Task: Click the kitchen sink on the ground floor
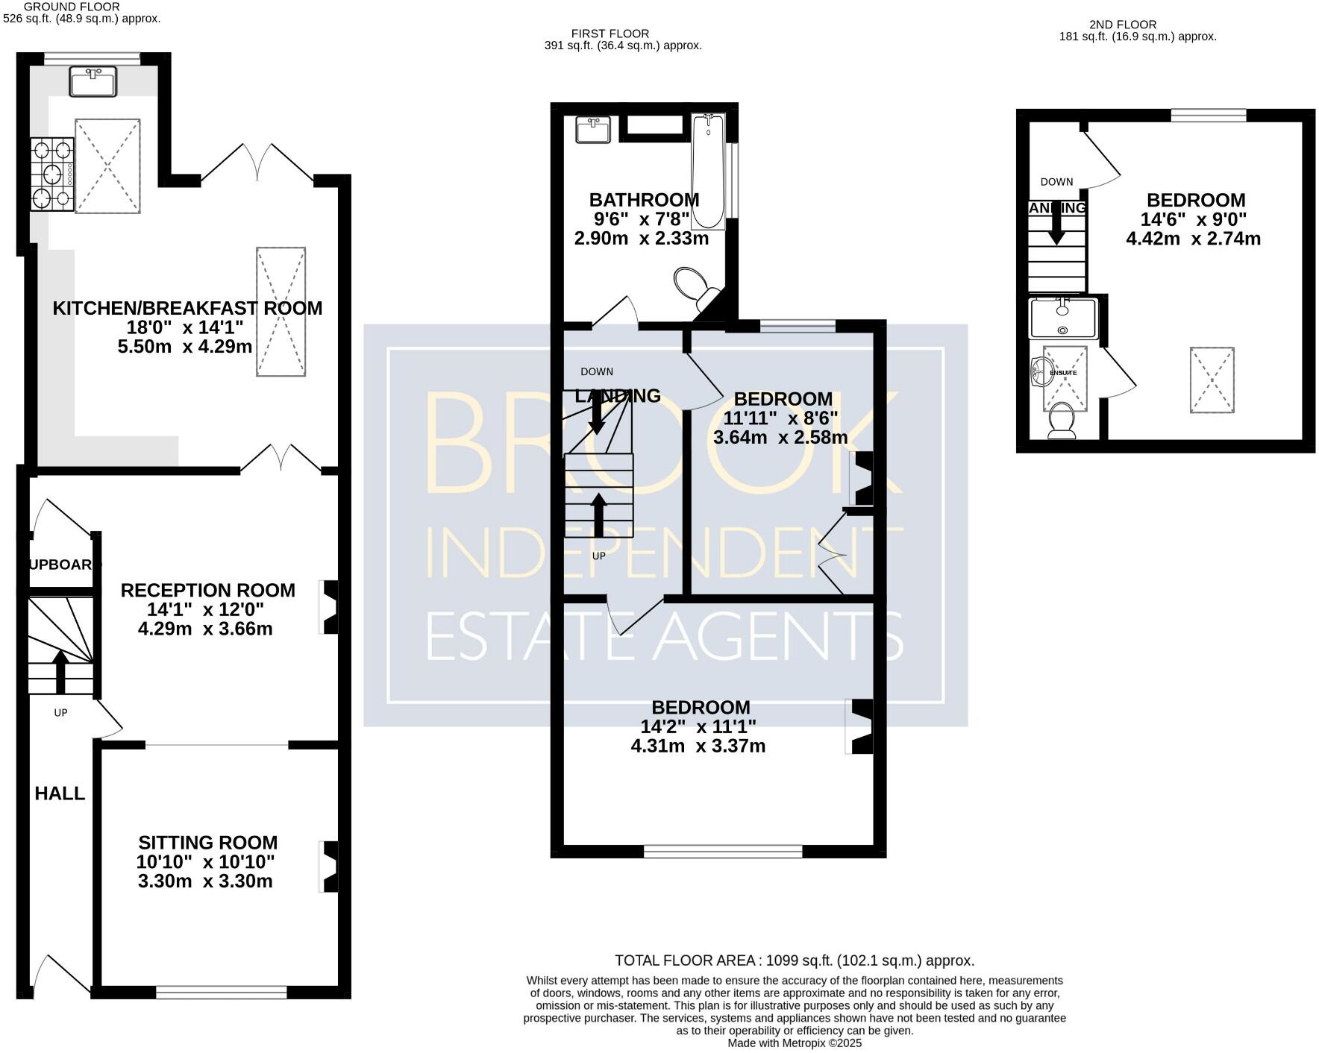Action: (93, 81)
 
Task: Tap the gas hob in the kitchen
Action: (52, 175)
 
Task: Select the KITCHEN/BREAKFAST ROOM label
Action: (187, 308)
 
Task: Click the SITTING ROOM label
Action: (207, 843)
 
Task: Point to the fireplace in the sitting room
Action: (329, 867)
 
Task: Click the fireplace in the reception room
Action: (329, 607)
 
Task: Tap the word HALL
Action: (60, 793)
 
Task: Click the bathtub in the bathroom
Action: (707, 172)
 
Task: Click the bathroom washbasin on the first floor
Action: (594, 129)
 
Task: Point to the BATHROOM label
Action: (644, 200)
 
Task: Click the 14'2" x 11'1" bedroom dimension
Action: (698, 726)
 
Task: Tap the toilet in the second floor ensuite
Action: (1061, 421)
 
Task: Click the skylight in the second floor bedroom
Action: (1212, 380)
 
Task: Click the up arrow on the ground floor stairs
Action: (60, 668)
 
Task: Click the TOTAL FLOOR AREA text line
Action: (795, 961)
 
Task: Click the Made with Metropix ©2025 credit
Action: (795, 1043)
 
